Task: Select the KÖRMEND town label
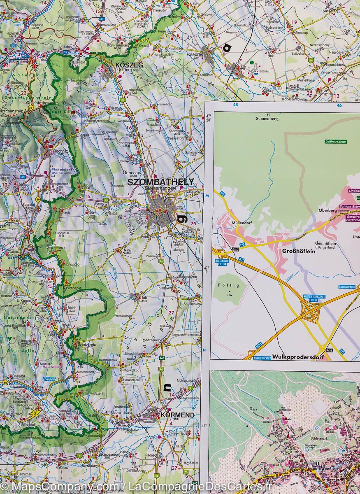[177, 415]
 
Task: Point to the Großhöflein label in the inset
[298, 251]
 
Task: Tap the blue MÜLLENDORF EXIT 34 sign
[223, 262]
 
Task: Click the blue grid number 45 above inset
[235, 105]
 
